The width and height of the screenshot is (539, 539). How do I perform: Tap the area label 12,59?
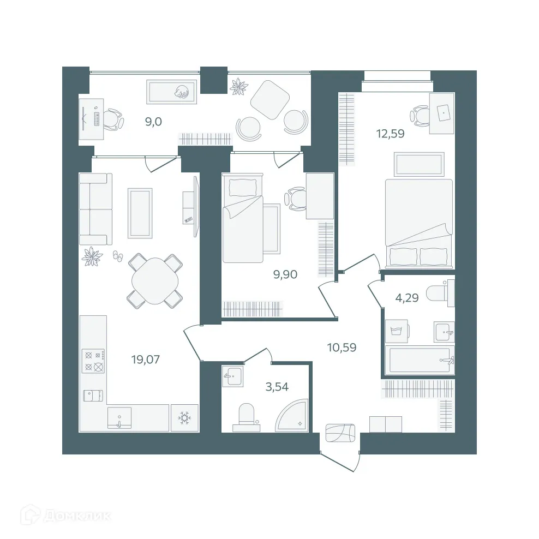pyautogui.click(x=390, y=133)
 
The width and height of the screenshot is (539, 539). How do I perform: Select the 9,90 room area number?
pyautogui.click(x=285, y=274)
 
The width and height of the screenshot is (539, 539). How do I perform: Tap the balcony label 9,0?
pyautogui.click(x=153, y=122)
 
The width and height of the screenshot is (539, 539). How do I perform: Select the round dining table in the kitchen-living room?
pyautogui.click(x=155, y=280)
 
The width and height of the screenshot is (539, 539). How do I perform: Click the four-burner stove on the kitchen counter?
pyautogui.click(x=93, y=361)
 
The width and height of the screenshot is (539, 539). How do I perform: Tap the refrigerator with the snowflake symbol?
pyautogui.click(x=184, y=418)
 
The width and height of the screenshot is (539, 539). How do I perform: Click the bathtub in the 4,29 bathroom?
pyautogui.click(x=419, y=360)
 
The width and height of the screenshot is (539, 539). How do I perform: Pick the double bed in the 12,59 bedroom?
pyautogui.click(x=419, y=221)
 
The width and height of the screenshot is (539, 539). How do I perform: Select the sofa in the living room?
pyautogui.click(x=95, y=209)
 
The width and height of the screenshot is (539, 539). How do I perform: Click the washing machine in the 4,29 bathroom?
pyautogui.click(x=396, y=331)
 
